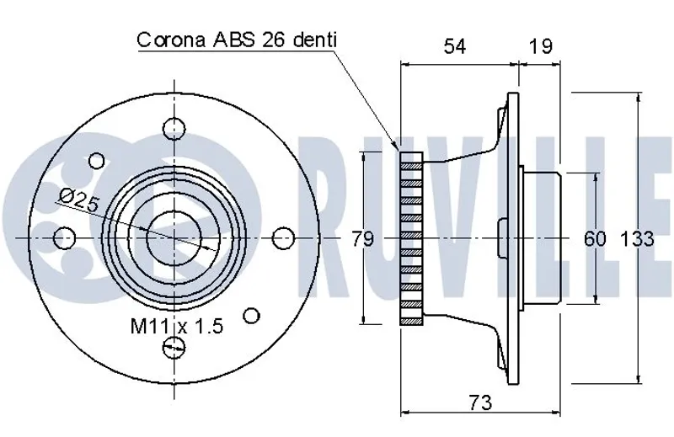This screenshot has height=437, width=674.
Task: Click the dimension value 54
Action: click(x=454, y=46)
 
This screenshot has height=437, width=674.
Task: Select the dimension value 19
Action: click(x=540, y=46)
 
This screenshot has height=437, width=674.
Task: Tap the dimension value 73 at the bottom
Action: click(x=480, y=402)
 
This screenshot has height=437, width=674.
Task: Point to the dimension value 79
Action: click(x=363, y=238)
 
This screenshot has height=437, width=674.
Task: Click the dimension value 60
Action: click(x=595, y=238)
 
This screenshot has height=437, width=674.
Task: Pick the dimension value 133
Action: click(x=637, y=238)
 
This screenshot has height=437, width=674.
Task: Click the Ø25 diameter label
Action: click(x=79, y=200)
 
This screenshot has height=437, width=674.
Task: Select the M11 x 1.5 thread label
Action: click(x=177, y=327)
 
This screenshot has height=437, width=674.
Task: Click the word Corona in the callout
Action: click(x=171, y=40)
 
